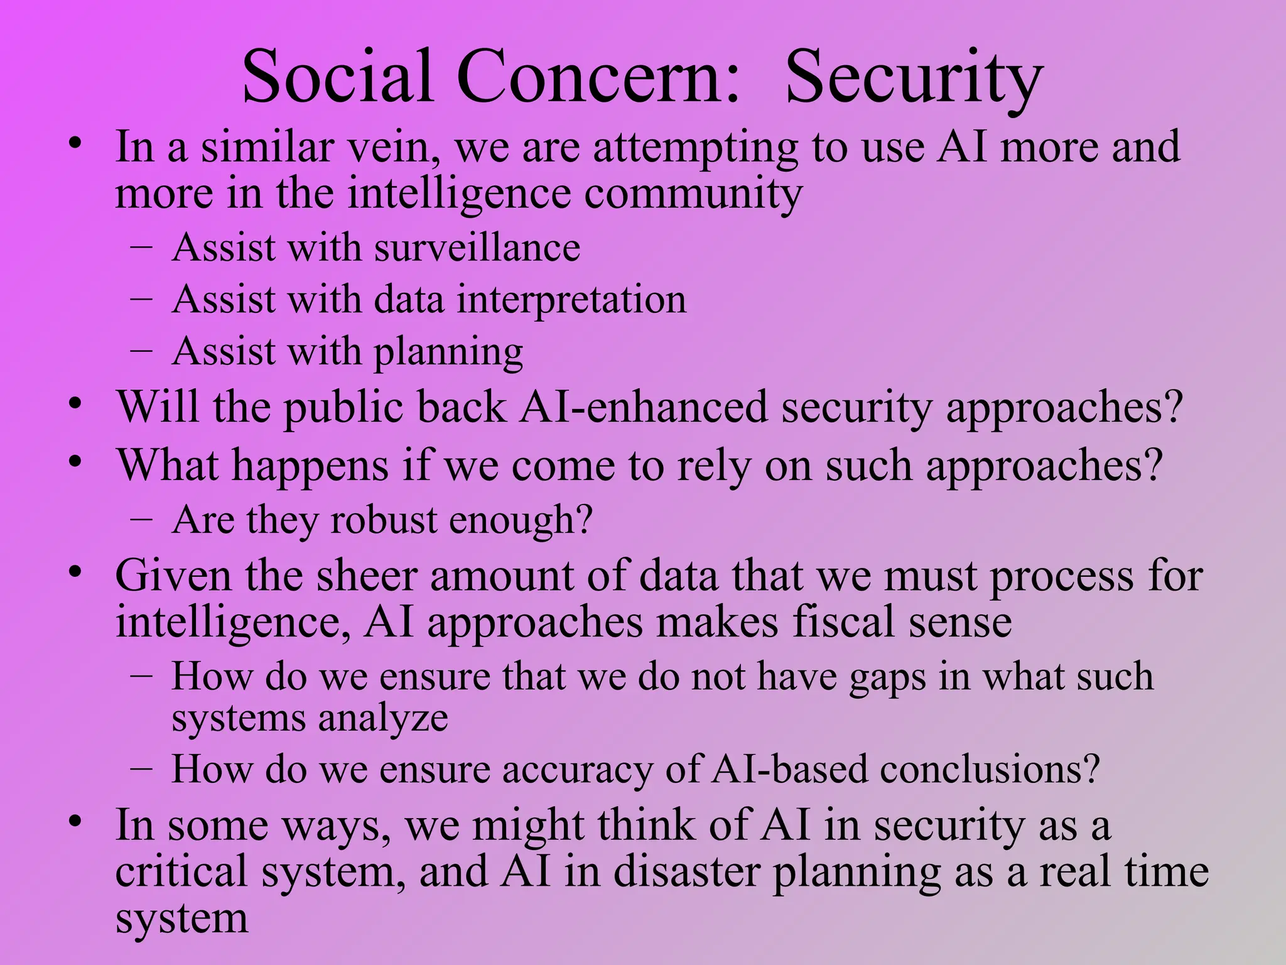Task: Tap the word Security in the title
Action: click(914, 78)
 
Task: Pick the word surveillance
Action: click(477, 248)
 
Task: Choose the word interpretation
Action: click(571, 300)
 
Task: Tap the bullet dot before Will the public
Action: click(76, 404)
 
